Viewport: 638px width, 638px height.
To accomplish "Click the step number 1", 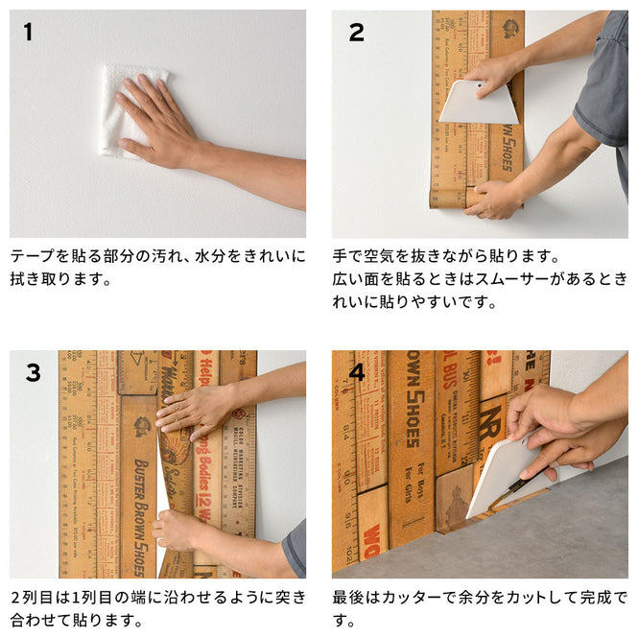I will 28,33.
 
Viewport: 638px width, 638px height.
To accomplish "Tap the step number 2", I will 356,33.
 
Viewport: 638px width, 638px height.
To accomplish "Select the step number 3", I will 33,373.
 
